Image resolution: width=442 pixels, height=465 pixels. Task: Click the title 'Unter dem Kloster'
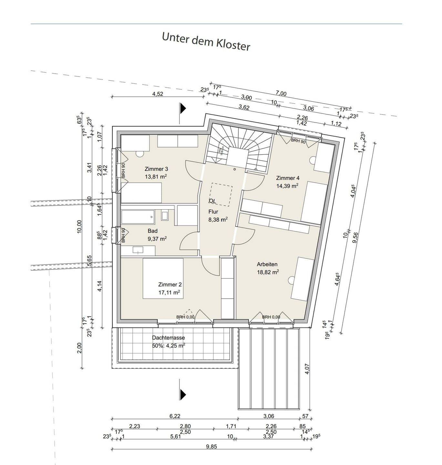pyautogui.click(x=206, y=41)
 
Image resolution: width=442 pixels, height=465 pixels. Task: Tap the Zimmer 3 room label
pyautogui.click(x=156, y=169)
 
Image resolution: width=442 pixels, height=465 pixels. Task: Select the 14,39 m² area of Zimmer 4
pyautogui.click(x=287, y=186)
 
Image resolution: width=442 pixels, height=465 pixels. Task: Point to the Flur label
pyautogui.click(x=213, y=212)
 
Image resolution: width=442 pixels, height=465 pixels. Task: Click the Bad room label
pyautogui.click(x=152, y=231)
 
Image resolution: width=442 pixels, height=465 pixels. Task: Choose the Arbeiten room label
pyautogui.click(x=267, y=264)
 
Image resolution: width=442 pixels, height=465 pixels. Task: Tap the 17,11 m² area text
pyautogui.click(x=169, y=293)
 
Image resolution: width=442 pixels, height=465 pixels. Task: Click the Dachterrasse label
pyautogui.click(x=169, y=338)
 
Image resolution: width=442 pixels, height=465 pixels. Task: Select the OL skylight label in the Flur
pyautogui.click(x=212, y=201)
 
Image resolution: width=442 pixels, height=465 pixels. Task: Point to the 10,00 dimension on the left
pyautogui.click(x=79, y=226)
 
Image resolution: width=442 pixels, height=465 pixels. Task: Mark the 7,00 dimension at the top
pyautogui.click(x=281, y=94)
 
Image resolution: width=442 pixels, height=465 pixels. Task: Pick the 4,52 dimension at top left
pyautogui.click(x=158, y=94)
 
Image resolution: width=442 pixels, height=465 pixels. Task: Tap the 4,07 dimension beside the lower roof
pyautogui.click(x=307, y=369)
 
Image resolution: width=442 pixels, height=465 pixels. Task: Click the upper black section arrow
pyautogui.click(x=183, y=108)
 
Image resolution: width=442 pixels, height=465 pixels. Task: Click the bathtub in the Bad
pyautogui.click(x=138, y=217)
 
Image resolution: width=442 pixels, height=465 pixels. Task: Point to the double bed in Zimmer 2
pyautogui.click(x=163, y=278)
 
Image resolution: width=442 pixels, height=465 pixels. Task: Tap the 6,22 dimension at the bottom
pyautogui.click(x=175, y=416)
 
